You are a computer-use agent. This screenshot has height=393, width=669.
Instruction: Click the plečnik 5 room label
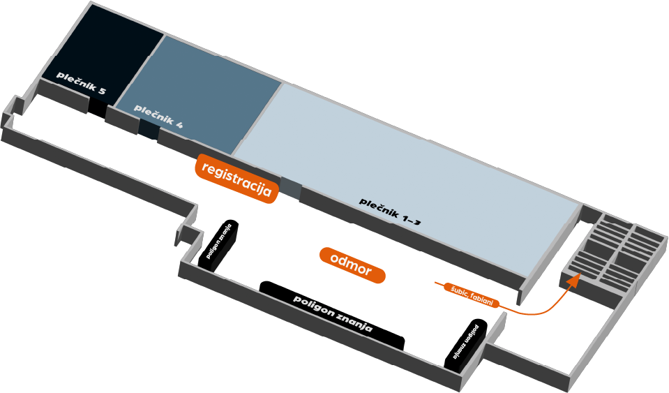81,83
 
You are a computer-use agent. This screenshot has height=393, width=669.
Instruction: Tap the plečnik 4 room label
159,116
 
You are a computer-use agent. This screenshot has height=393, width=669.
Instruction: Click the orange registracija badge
236,179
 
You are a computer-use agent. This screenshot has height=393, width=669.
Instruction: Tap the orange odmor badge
352,265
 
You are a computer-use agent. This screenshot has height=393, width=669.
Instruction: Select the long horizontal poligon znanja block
332,316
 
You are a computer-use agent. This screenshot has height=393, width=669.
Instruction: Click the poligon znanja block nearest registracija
218,245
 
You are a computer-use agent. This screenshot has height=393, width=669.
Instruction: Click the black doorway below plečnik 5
97,107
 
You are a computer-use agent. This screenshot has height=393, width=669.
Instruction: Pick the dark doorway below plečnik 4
149,130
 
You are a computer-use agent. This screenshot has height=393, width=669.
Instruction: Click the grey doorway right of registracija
291,189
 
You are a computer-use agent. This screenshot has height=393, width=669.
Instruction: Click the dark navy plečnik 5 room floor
102,50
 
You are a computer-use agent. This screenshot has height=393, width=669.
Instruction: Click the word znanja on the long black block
354,322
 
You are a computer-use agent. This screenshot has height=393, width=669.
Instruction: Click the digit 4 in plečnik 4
179,124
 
